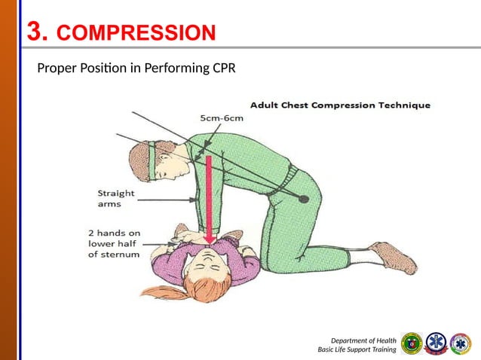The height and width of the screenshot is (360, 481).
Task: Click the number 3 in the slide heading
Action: [x=35, y=32]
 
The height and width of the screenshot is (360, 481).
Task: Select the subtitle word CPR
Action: [x=222, y=70]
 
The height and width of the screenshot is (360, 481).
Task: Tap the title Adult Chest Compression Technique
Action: [x=340, y=105]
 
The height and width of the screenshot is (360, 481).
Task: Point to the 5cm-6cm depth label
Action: [x=222, y=118]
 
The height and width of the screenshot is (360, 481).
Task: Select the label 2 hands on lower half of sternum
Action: [x=112, y=243]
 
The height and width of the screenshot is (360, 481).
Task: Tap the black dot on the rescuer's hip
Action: [x=303, y=198]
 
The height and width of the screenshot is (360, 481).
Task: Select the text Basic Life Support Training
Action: [x=357, y=350]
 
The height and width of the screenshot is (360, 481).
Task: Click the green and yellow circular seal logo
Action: [x=412, y=343]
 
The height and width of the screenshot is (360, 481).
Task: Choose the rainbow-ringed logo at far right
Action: [x=461, y=343]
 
